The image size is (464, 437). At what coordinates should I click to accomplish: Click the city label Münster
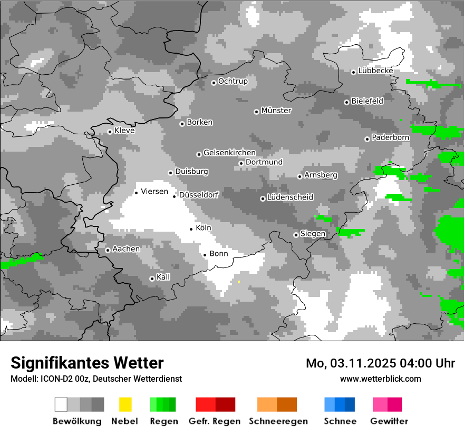click(x=276, y=111)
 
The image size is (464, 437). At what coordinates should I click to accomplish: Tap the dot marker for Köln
click(x=191, y=229)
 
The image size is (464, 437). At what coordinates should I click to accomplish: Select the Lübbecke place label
click(x=375, y=71)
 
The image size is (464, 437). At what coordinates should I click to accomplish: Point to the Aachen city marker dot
click(x=108, y=250)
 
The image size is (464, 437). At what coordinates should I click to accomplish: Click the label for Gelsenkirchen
click(x=229, y=153)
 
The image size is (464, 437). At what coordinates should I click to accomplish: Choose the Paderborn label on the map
click(x=391, y=137)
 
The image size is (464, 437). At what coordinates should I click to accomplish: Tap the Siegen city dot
click(x=296, y=235)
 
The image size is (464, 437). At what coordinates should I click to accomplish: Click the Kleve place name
click(x=124, y=131)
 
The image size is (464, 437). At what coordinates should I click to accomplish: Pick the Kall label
click(x=163, y=277)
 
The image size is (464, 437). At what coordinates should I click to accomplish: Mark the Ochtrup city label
click(x=233, y=81)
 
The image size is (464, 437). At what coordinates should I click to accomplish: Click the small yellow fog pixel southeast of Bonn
click(x=239, y=282)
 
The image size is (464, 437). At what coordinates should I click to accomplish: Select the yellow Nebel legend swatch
click(x=125, y=404)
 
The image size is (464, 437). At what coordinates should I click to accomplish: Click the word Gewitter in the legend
click(x=389, y=421)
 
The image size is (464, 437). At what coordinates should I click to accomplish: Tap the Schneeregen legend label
click(x=278, y=421)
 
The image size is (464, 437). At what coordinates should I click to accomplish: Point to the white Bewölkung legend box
click(x=61, y=404)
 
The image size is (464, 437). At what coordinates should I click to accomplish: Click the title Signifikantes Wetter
click(x=87, y=363)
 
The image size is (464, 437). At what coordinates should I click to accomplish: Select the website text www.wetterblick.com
click(x=380, y=379)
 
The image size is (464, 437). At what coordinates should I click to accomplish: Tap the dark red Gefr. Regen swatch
click(x=225, y=404)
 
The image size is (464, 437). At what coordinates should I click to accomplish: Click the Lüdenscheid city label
click(x=290, y=197)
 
